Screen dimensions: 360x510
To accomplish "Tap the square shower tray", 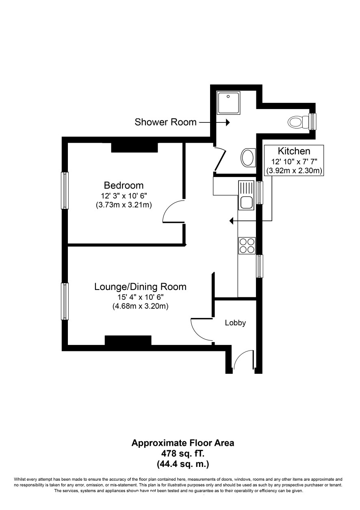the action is coord(228,102).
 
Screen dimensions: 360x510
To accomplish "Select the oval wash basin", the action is coord(248,157).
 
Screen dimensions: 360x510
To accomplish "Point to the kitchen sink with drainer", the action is coord(246,195).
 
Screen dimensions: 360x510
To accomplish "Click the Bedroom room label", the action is coord(124,185).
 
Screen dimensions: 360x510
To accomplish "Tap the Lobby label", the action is coord(235,323).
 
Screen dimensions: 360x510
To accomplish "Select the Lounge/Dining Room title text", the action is coord(140,287).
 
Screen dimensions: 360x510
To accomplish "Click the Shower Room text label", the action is coord(165,122).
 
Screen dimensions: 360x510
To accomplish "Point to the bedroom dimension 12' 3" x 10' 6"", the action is coord(124,195).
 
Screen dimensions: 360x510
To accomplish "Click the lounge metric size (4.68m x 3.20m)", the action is coord(140,306).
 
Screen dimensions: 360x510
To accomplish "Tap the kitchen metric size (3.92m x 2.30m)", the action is coord(294,170).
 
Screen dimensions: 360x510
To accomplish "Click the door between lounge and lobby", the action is coord(200,329).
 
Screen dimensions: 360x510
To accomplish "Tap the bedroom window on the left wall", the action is coord(65,191).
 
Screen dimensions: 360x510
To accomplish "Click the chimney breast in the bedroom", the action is coord(134,148).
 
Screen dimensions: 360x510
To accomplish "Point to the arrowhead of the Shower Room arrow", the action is coord(228,122).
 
